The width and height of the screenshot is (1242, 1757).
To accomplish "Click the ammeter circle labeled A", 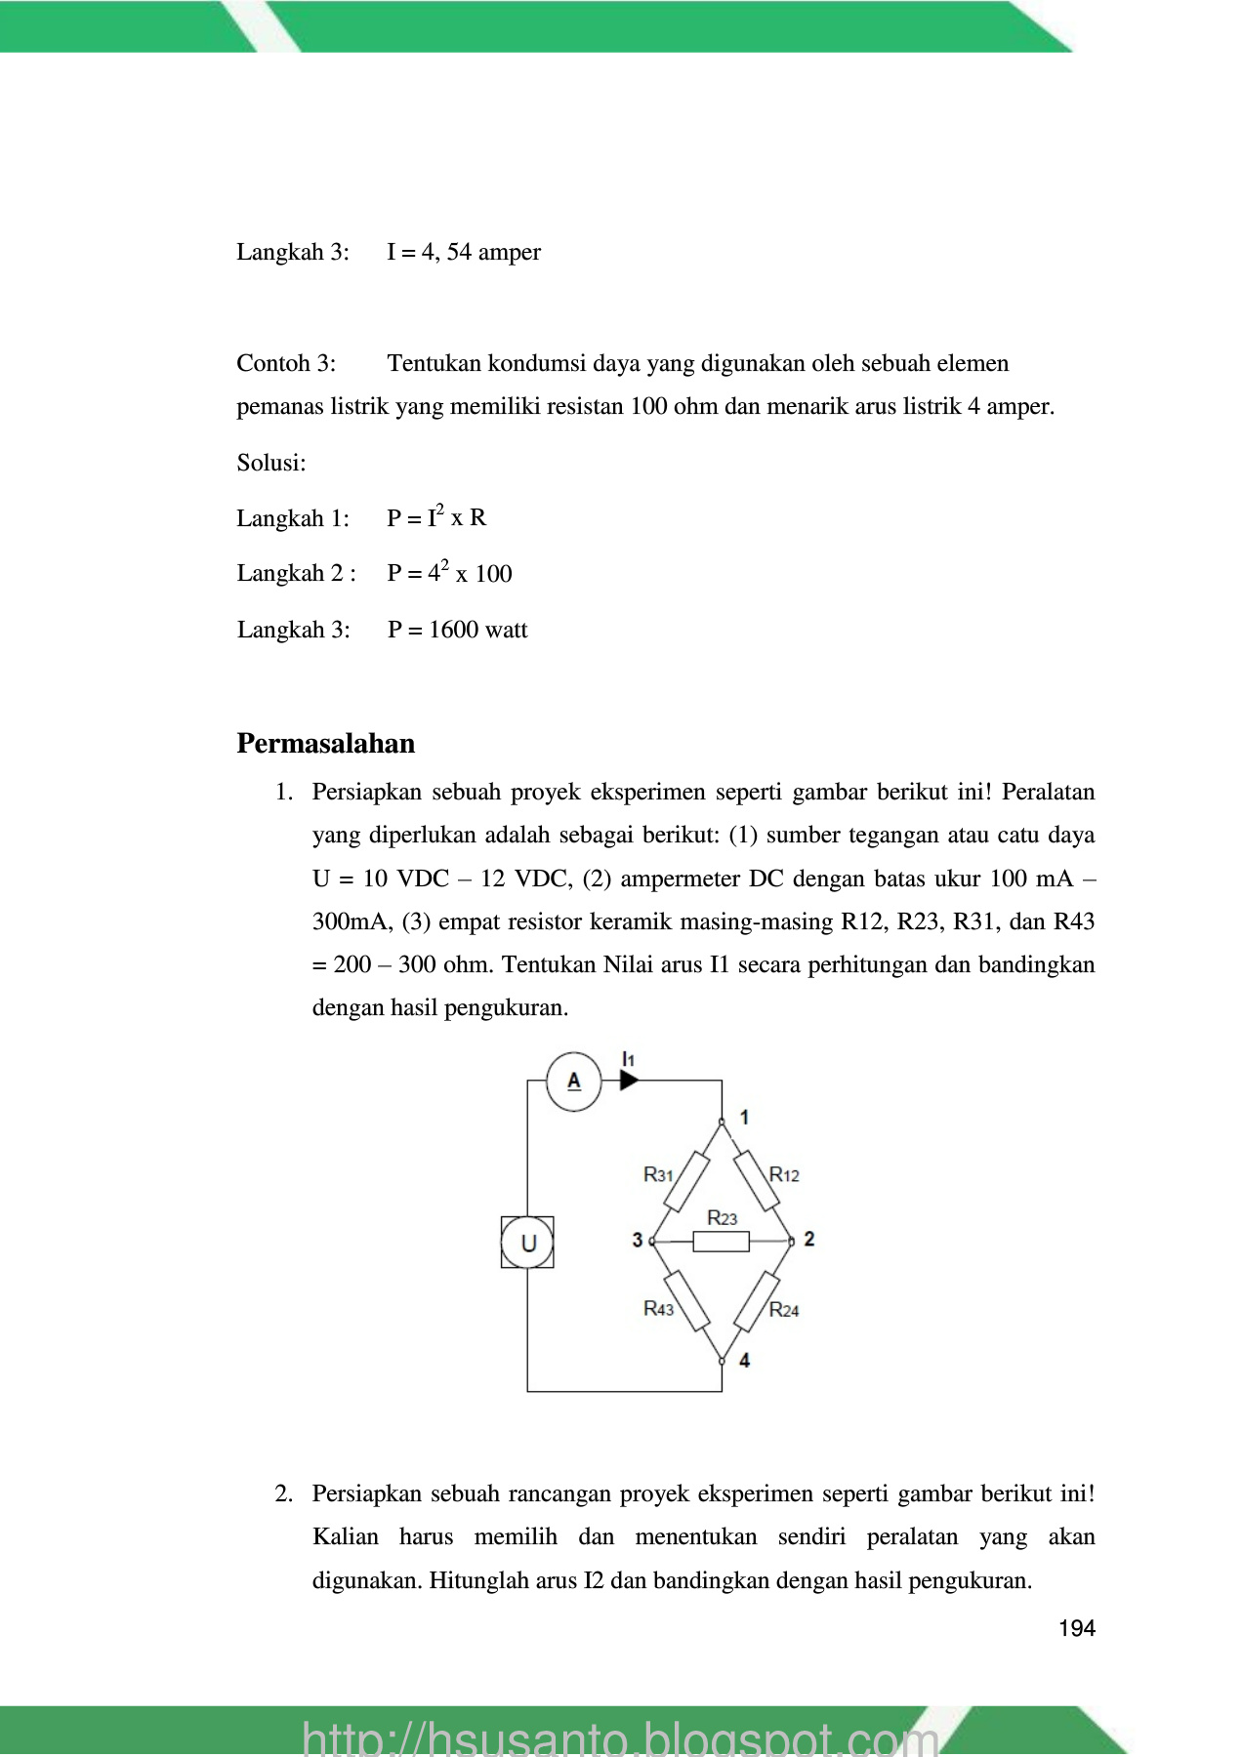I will click(x=574, y=1081).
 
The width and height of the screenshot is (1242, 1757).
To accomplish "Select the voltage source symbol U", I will click(x=527, y=1242).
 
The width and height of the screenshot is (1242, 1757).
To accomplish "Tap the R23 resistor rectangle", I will click(x=722, y=1242).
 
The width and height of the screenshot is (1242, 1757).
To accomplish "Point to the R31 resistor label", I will click(x=658, y=1174).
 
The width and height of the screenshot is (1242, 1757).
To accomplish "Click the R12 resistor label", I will click(x=784, y=1174).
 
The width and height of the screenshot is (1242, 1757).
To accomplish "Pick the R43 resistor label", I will click(x=658, y=1308).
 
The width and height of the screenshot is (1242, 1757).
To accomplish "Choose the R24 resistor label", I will click(x=784, y=1309).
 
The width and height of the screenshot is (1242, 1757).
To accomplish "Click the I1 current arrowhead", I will click(x=629, y=1081).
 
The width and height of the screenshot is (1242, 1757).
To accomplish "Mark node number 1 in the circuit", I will click(x=745, y=1117).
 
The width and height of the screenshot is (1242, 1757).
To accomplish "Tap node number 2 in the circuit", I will click(x=808, y=1239).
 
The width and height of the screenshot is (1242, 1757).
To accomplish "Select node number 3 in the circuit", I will click(x=638, y=1240).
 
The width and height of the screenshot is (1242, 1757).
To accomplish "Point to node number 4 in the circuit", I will click(x=745, y=1359).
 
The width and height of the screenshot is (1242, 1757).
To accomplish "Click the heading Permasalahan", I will click(x=325, y=744).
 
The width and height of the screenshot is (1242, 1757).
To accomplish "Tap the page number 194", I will click(x=1077, y=1628).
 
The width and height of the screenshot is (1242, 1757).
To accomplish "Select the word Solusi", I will click(x=270, y=463).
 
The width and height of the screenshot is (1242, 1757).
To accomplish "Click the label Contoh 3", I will click(x=286, y=364).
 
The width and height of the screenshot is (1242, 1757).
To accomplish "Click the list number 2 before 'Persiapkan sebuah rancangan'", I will click(x=283, y=1494).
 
